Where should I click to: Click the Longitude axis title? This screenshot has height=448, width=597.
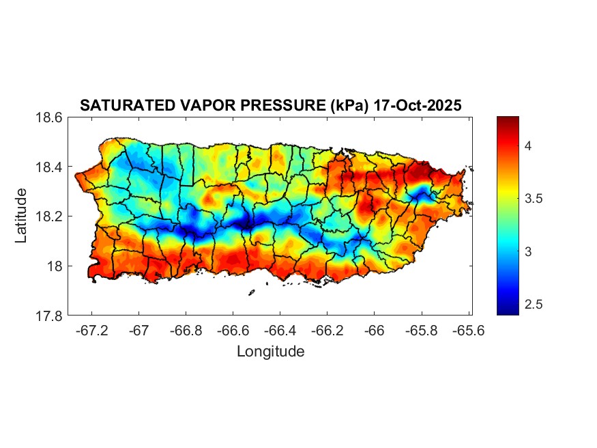point(270,352)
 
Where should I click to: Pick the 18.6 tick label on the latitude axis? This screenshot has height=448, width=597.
point(49,117)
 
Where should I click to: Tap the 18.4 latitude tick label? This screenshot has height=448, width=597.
point(49,167)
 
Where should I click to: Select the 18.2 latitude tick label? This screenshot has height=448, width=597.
point(49,216)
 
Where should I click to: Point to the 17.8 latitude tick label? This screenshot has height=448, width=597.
point(49,316)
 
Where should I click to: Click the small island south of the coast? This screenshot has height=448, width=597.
point(251,292)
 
